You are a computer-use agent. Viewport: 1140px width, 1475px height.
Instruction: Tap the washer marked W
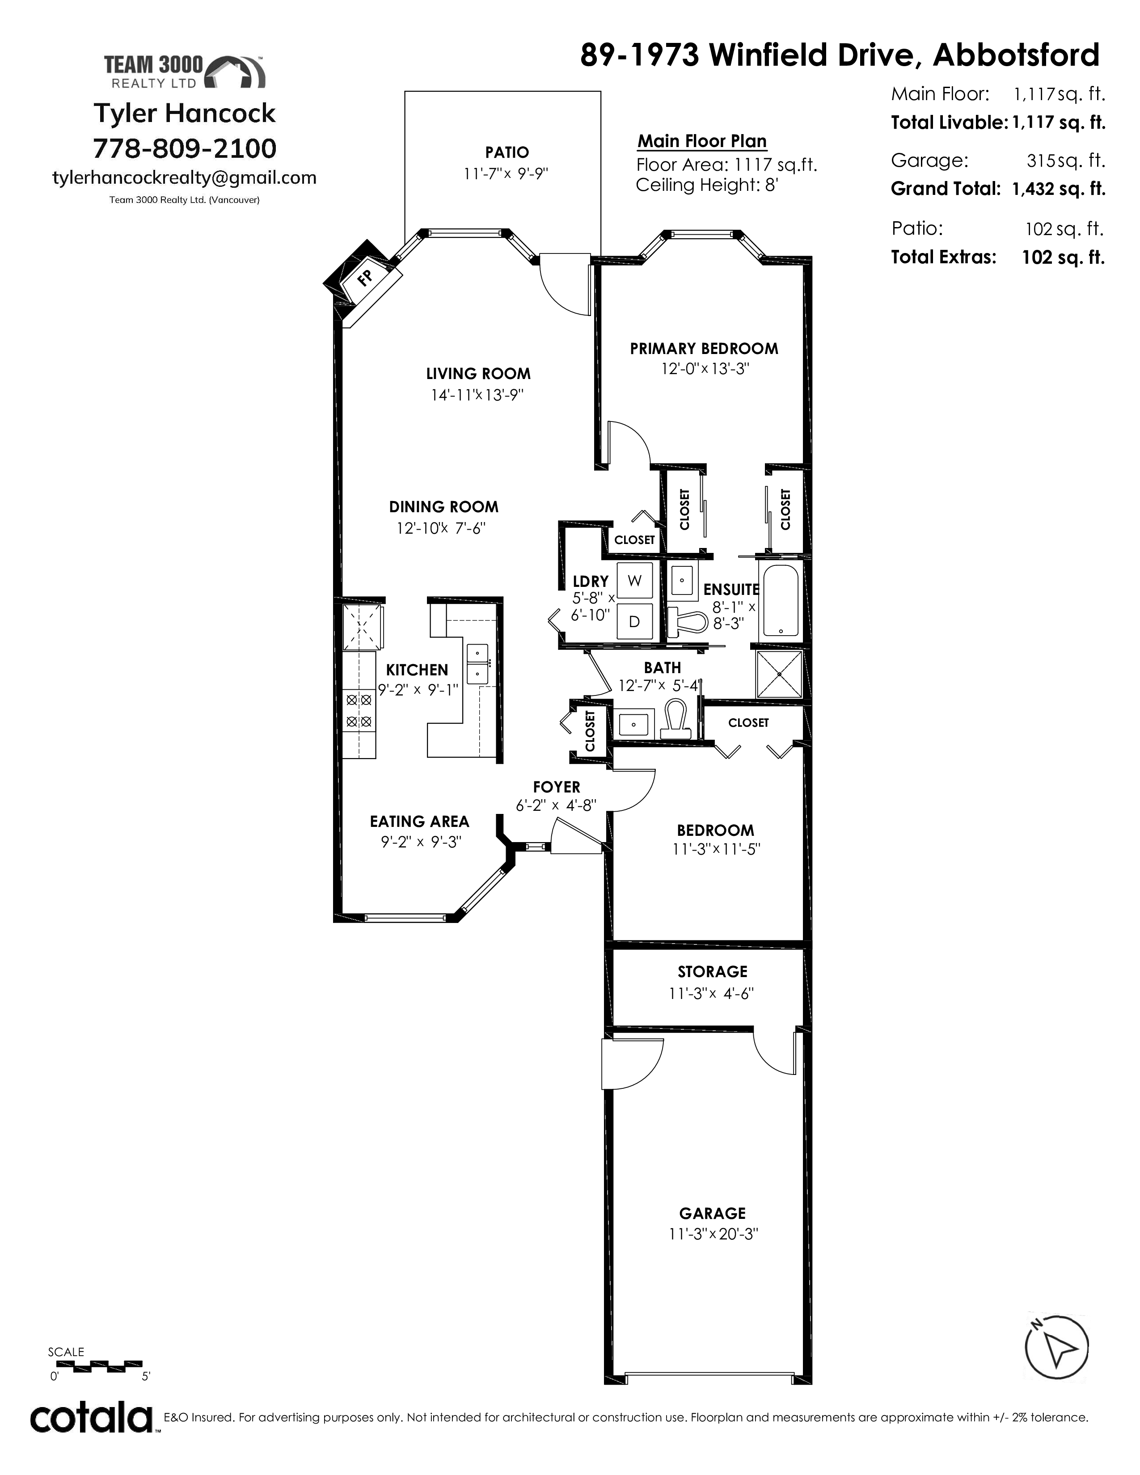point(635,580)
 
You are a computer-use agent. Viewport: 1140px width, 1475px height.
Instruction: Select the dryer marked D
point(635,621)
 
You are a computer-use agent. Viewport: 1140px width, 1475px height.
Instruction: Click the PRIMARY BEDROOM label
point(704,349)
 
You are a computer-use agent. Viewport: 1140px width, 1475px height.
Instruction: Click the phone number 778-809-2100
point(184,148)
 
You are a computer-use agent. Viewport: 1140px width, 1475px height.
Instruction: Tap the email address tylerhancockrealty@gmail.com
point(184,177)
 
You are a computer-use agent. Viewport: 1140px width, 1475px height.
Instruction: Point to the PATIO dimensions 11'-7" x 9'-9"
point(506,173)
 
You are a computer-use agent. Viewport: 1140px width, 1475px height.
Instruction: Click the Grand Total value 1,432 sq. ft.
point(1058,189)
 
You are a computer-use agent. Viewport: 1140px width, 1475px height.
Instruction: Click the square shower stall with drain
point(779,674)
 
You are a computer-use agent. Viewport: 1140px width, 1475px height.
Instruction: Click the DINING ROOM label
point(444,506)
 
